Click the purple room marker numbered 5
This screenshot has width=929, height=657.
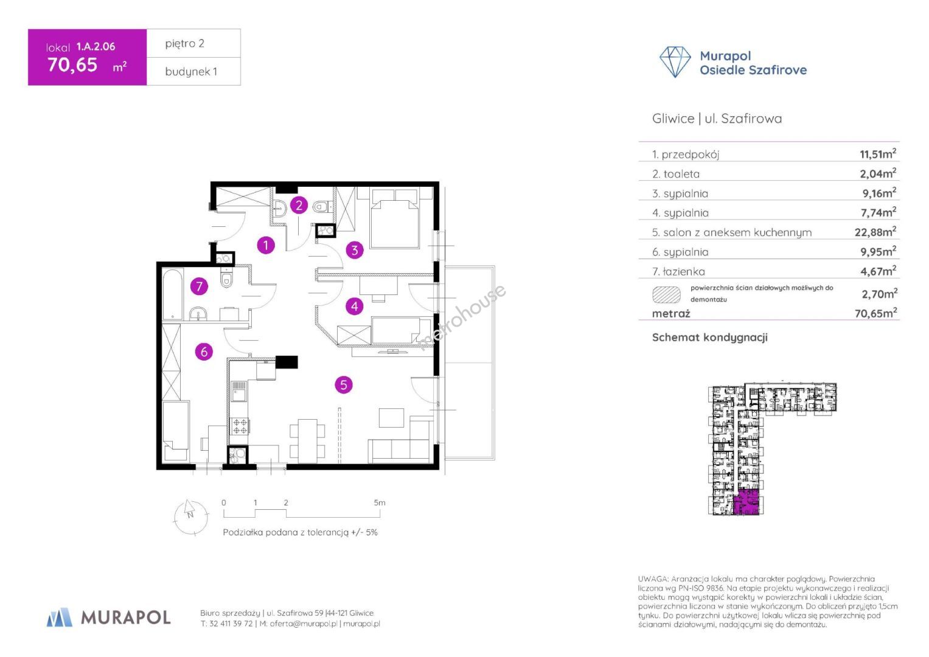(343, 385)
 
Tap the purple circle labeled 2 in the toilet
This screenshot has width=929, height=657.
(299, 206)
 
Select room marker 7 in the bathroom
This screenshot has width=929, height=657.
(199, 286)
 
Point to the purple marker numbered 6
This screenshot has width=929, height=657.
(204, 352)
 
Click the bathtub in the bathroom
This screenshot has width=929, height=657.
(172, 294)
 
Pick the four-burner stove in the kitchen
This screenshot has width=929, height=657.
(240, 426)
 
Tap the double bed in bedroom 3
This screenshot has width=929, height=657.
(394, 218)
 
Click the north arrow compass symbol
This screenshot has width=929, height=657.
(191, 517)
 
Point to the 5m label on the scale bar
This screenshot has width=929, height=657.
(380, 502)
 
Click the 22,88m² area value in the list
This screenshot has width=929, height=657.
(875, 232)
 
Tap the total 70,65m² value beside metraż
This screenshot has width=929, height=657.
(875, 313)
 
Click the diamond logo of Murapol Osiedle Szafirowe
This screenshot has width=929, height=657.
(675, 62)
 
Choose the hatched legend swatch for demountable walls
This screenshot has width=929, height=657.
(666, 295)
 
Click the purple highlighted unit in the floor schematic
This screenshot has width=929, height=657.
(746, 502)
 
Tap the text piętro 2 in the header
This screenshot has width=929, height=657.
(184, 44)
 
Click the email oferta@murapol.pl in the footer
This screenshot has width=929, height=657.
(304, 624)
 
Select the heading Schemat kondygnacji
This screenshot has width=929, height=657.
(709, 337)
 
